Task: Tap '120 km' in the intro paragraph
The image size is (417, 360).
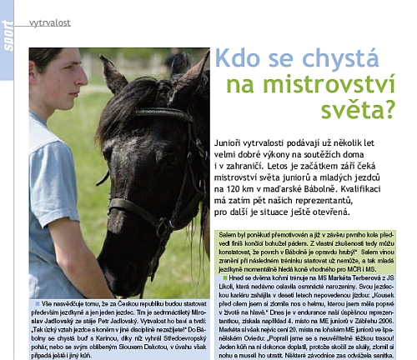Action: point(240,188)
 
